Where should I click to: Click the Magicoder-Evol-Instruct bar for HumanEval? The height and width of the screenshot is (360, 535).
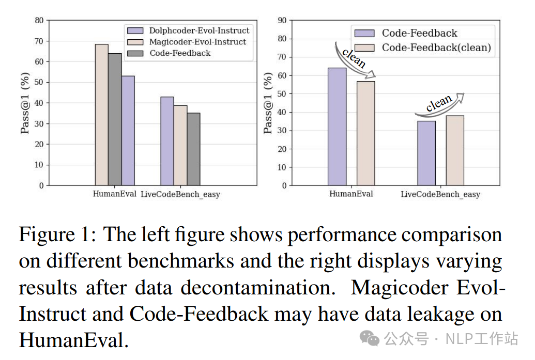tap(101, 115)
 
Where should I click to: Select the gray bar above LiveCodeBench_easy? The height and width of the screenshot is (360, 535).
tap(193, 149)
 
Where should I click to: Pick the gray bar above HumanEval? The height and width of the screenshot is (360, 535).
tap(115, 119)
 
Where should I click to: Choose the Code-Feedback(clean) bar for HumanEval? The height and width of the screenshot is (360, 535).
tap(365, 133)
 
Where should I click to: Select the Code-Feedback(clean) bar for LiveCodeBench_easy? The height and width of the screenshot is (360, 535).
tap(455, 150)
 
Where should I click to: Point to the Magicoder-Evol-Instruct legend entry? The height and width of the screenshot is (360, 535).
tap(197, 42)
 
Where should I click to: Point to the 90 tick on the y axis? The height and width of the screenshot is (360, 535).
tap(282, 21)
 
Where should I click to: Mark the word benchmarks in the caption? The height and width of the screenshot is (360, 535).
tap(184, 261)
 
